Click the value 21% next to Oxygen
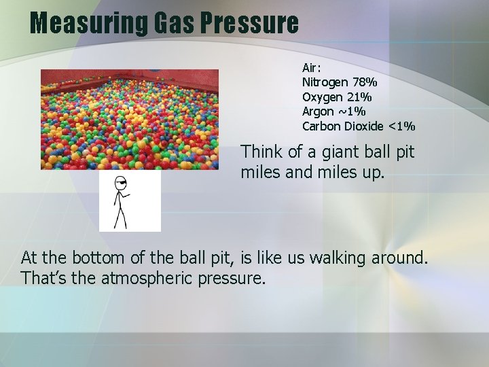[x=361, y=97]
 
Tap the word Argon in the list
[x=318, y=111]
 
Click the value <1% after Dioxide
[x=401, y=126]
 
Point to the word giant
[x=342, y=152]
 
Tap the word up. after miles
[x=372, y=173]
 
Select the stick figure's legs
[x=120, y=216]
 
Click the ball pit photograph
[x=130, y=119]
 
